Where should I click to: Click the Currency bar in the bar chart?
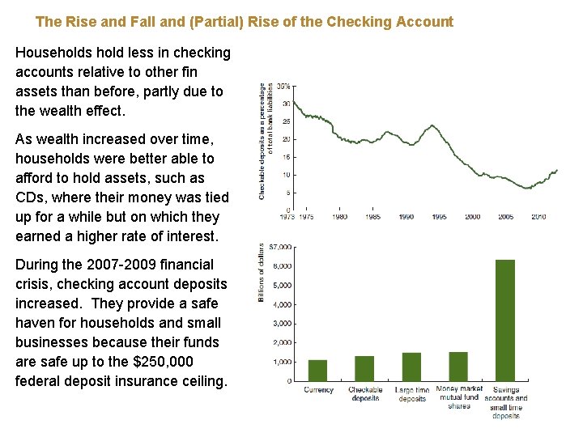[x=317, y=371]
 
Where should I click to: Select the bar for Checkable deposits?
[x=364, y=368]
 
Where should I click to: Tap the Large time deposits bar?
[x=411, y=367]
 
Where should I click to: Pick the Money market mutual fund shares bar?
[x=458, y=367]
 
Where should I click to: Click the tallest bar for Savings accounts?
[x=505, y=320]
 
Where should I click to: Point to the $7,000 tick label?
[x=281, y=247]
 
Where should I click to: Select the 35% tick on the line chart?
[x=284, y=87]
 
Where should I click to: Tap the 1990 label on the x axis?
[x=406, y=217]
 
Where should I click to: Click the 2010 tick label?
[x=539, y=217]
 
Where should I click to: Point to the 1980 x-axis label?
[x=339, y=217]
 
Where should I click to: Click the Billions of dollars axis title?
[x=262, y=273]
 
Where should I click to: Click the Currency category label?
[x=318, y=390]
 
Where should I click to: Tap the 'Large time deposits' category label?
[x=412, y=394]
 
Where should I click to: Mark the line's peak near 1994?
[x=433, y=125]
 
